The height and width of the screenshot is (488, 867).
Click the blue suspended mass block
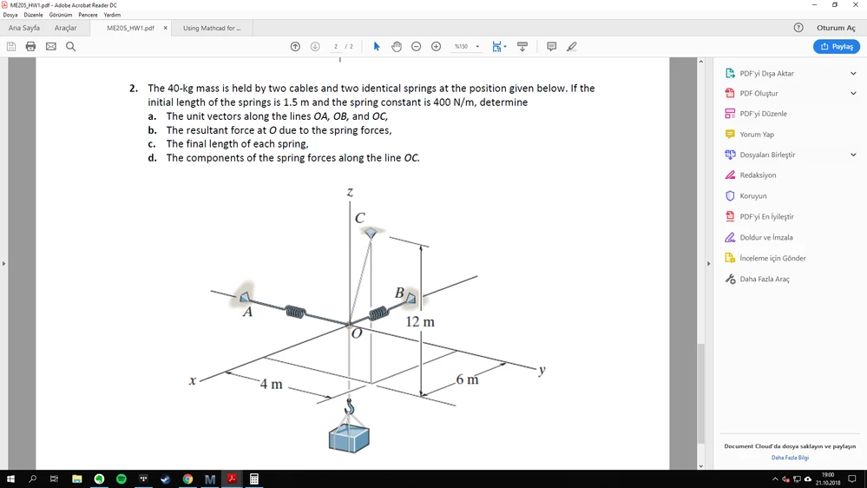(x=349, y=439)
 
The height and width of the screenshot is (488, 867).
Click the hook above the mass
(x=349, y=406)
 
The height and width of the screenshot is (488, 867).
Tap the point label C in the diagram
(x=360, y=218)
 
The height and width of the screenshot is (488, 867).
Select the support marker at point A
(x=244, y=297)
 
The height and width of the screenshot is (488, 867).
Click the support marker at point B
(x=411, y=298)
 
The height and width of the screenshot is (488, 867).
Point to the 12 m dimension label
(x=420, y=321)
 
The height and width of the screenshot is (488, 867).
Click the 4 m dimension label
(x=271, y=384)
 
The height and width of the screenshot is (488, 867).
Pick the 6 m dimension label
(x=467, y=379)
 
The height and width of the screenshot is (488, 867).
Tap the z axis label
(x=350, y=193)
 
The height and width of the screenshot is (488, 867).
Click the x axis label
(x=193, y=380)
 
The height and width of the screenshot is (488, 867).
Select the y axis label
(x=542, y=370)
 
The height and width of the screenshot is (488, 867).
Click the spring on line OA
(x=295, y=312)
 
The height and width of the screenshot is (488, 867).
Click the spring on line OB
(x=378, y=313)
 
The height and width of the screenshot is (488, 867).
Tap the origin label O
(x=357, y=333)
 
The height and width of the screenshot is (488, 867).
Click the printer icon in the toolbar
(x=30, y=47)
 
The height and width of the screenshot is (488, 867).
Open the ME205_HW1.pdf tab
(x=130, y=28)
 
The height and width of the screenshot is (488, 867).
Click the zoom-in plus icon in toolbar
(x=436, y=47)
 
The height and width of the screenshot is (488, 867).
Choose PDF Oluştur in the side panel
(x=759, y=93)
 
